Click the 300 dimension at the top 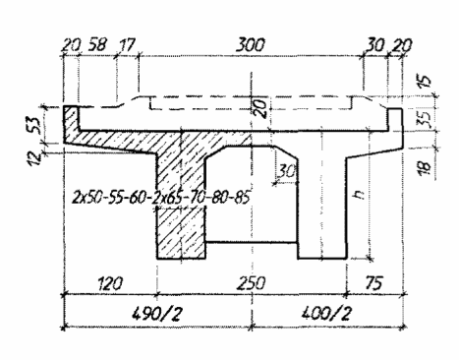point(250,45)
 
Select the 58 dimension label point(96,44)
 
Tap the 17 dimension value point(127,45)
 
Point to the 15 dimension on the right point(425,81)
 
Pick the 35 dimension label point(425,120)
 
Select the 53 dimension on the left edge point(35,124)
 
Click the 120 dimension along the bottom point(110,283)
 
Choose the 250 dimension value point(251,283)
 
